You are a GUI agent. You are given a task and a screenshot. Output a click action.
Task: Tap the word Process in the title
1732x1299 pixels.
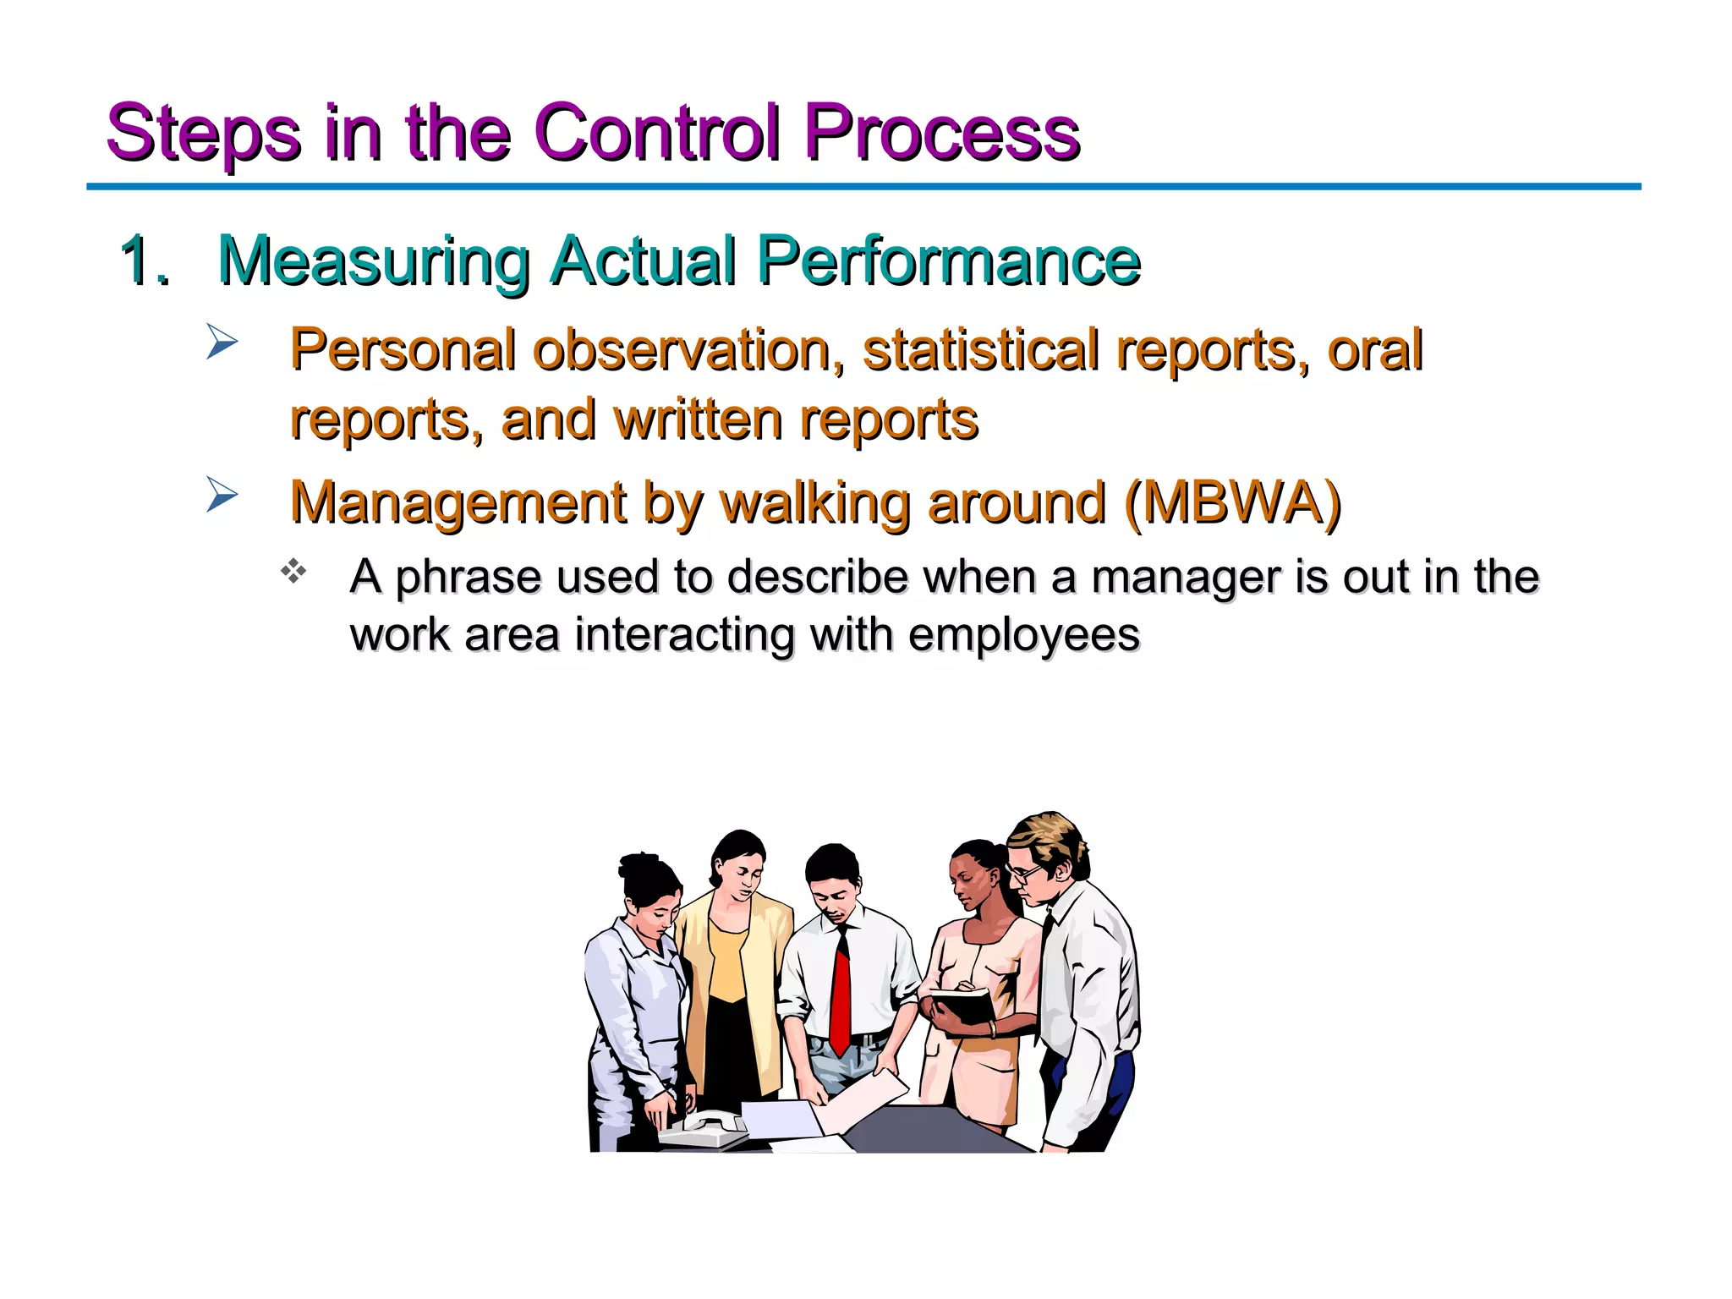941,133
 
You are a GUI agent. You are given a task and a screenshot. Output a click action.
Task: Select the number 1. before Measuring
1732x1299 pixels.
145,260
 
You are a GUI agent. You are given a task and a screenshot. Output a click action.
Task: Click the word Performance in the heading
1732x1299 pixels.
948,260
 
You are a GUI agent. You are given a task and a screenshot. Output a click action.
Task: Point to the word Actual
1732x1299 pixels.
644,260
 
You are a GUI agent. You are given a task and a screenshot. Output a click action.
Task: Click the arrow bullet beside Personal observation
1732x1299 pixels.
222,343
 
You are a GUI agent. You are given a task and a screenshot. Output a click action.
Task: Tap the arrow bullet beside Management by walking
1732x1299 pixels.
222,495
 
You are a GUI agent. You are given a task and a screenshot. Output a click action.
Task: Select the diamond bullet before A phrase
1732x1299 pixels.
293,573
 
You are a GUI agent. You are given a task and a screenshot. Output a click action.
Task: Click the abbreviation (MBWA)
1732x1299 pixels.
1233,503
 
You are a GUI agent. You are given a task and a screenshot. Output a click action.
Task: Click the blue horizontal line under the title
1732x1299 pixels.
863,186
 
